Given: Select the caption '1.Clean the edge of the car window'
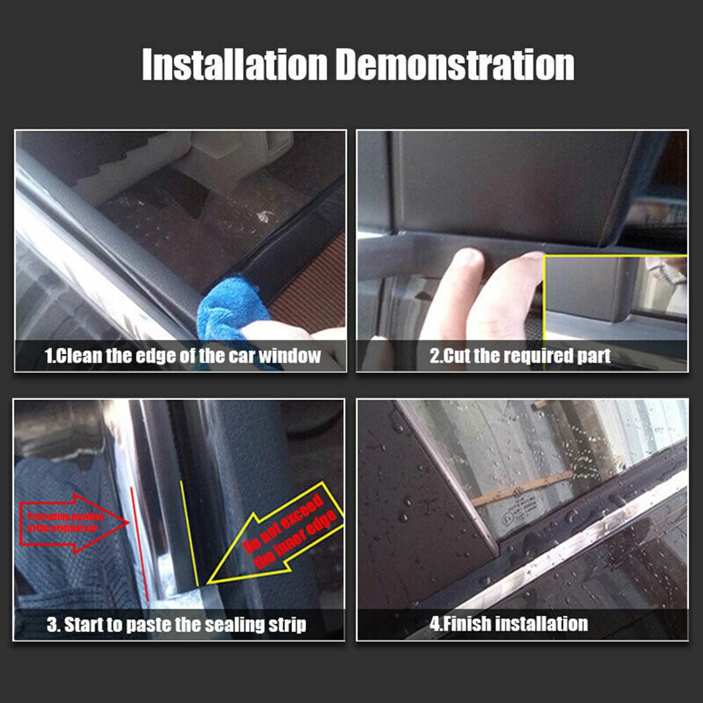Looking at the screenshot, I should pyautogui.click(x=182, y=357).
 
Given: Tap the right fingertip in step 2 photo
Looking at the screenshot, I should pyautogui.click(x=513, y=286).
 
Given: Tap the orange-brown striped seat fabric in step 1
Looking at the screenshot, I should pyautogui.click(x=311, y=278).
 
